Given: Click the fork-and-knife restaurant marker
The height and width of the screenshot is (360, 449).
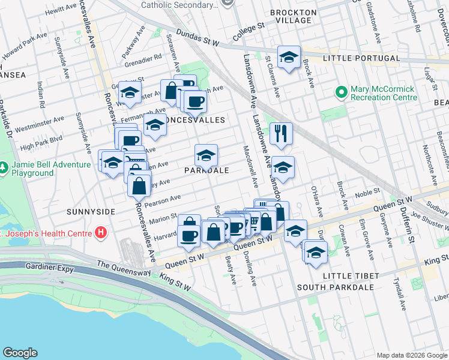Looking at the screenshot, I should [x=281, y=133].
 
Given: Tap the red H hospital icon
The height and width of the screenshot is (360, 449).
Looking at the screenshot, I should [x=101, y=233].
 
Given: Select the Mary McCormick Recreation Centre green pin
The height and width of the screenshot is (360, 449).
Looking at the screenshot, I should [x=342, y=92].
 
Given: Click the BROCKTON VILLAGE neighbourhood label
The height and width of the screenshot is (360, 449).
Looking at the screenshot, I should [x=294, y=16].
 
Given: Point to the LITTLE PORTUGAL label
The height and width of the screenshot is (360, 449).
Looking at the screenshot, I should [x=361, y=58].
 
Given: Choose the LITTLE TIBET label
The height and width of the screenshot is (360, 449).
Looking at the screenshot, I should [x=351, y=275].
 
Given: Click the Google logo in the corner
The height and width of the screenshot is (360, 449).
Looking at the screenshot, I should [x=20, y=353].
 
